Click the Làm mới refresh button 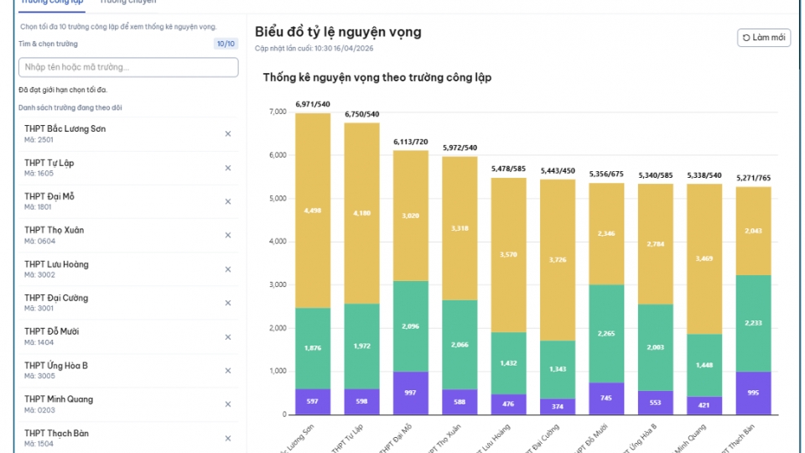[764, 38]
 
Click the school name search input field [127, 67]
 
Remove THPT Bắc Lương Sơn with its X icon [227, 134]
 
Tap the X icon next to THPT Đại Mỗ [227, 201]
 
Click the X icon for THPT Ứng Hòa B [227, 371]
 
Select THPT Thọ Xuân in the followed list [55, 231]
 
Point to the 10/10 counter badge [226, 44]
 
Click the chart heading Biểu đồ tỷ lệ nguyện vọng [338, 32]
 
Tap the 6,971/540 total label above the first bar [313, 104]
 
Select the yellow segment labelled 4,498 [313, 211]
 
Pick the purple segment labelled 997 [411, 393]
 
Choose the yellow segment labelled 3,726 [558, 260]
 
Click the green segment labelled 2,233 [753, 322]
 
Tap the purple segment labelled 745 [606, 398]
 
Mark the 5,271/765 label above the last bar [753, 178]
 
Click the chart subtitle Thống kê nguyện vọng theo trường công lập [377, 78]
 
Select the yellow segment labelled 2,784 [656, 244]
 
